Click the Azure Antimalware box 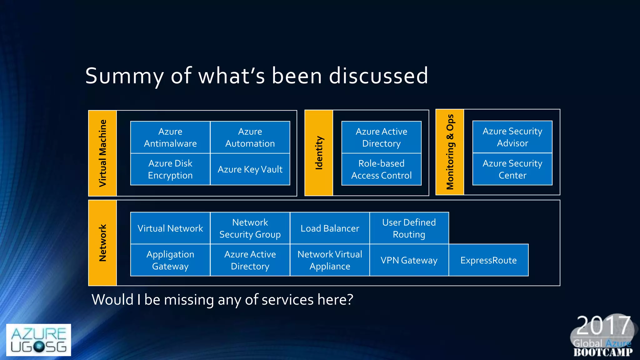click(x=170, y=137)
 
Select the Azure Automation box click(x=250, y=137)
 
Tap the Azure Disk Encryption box click(x=170, y=169)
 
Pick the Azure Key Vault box click(x=250, y=169)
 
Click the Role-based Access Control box click(x=381, y=169)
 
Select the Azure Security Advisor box click(x=512, y=137)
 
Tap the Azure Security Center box click(x=512, y=169)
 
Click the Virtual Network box click(x=170, y=228)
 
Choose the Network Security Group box click(x=250, y=228)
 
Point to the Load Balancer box click(x=330, y=228)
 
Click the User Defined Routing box click(x=409, y=228)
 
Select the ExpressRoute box click(x=488, y=260)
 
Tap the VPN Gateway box click(x=409, y=260)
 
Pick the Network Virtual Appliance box click(x=330, y=260)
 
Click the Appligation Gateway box click(x=170, y=260)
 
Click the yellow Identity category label click(x=319, y=153)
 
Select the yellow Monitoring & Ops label click(x=450, y=152)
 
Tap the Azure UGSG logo click(x=38, y=340)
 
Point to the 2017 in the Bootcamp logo click(x=602, y=325)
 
